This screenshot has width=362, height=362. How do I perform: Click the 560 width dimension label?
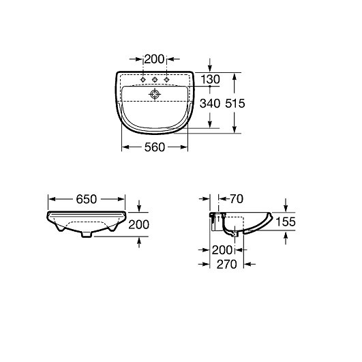pos(155,147)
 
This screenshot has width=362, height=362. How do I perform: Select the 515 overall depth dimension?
pos(235,103)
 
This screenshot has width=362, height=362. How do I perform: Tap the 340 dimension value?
pos(210,103)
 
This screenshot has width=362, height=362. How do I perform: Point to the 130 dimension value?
pos(210,79)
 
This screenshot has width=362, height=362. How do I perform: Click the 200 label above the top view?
pos(155,59)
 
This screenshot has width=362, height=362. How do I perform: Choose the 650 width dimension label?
pos(87,199)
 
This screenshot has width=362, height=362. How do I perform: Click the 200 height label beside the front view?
pos(138,225)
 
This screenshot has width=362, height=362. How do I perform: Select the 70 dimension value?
pos(237,199)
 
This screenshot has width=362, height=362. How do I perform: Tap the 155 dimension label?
pos(286,222)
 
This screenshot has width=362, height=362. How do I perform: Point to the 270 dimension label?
pos(227,265)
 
